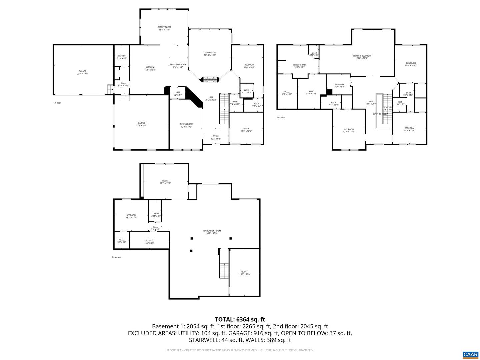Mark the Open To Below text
click(x=381, y=114)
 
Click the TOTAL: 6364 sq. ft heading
click(x=240, y=319)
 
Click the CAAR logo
click(x=470, y=354)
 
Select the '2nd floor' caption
click(x=281, y=117)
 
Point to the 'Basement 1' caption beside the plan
click(x=117, y=257)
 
